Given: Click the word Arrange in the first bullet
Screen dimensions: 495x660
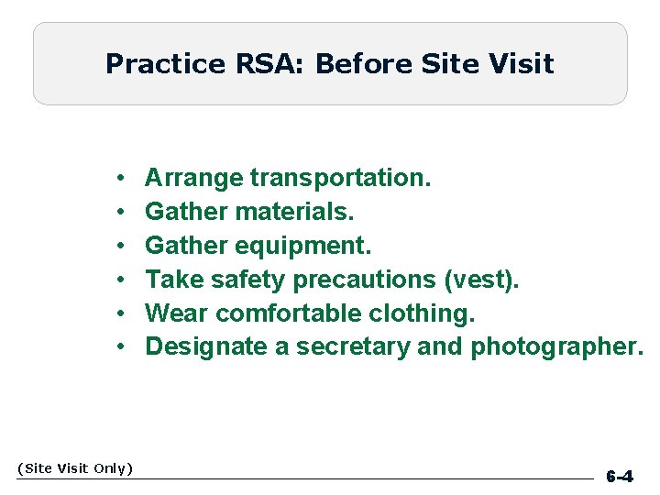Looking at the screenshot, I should tap(194, 177).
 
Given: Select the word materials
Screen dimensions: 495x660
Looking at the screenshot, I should tap(294, 211).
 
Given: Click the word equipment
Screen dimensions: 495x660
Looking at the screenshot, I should tap(303, 245).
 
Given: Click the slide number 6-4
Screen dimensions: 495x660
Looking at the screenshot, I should tap(620, 477).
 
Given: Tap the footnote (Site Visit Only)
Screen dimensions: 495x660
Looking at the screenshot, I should tap(75, 468).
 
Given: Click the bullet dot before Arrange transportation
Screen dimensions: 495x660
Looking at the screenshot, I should tap(121, 178).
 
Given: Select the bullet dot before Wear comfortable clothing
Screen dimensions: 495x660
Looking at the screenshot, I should tap(121, 313).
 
